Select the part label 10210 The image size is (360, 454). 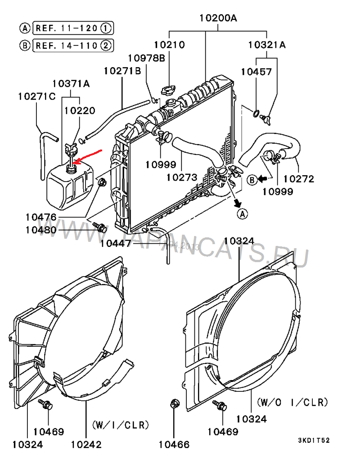tap(169, 45)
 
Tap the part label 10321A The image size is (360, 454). tap(267, 45)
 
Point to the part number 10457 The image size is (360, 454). tap(256, 72)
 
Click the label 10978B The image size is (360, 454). tap(146, 58)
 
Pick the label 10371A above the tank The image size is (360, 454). tap(71, 83)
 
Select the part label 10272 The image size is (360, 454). tap(298, 179)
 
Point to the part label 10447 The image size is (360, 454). tap(116, 244)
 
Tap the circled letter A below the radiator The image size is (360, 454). tap(243, 214)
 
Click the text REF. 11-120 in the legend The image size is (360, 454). tap(66, 28)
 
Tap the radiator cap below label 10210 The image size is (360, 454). tap(168, 90)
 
